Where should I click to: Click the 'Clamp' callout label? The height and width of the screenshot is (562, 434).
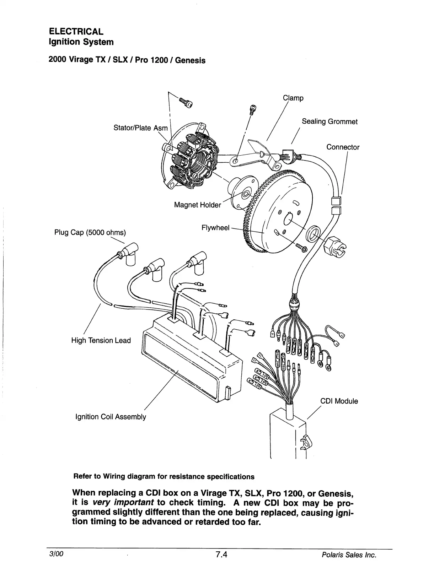click(293, 98)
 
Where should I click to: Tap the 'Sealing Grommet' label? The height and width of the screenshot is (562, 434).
click(329, 121)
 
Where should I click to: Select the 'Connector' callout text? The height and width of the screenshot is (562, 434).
click(343, 147)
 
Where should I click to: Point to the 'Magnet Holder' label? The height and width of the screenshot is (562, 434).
click(197, 205)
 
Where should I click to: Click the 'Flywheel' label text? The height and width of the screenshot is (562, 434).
click(215, 227)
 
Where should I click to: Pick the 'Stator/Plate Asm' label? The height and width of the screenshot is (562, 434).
click(140, 128)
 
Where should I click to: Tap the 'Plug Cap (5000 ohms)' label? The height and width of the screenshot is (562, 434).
click(90, 232)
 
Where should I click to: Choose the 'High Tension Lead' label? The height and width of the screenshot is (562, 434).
click(101, 340)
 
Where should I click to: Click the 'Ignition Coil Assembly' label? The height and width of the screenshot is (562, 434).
click(111, 416)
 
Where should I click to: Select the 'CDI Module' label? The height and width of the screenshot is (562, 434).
click(339, 401)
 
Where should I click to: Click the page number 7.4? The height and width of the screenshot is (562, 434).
click(221, 555)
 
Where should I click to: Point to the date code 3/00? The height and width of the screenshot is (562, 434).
click(57, 554)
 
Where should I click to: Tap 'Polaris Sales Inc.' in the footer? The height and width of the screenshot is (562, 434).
click(349, 555)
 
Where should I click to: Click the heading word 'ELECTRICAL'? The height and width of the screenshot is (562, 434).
click(76, 32)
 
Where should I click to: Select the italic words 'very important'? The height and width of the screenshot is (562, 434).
click(123, 502)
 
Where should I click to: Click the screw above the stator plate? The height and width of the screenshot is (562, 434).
click(185, 103)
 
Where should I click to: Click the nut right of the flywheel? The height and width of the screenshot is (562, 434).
click(336, 245)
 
